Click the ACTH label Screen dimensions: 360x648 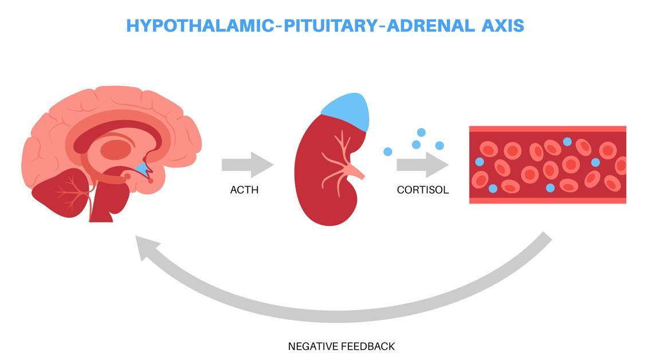click(244, 190)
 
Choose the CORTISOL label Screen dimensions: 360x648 click(423, 190)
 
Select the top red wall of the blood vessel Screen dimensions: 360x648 click(547, 129)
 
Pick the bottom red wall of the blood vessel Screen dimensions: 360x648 click(547, 200)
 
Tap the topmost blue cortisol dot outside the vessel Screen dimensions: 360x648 click(421, 132)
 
